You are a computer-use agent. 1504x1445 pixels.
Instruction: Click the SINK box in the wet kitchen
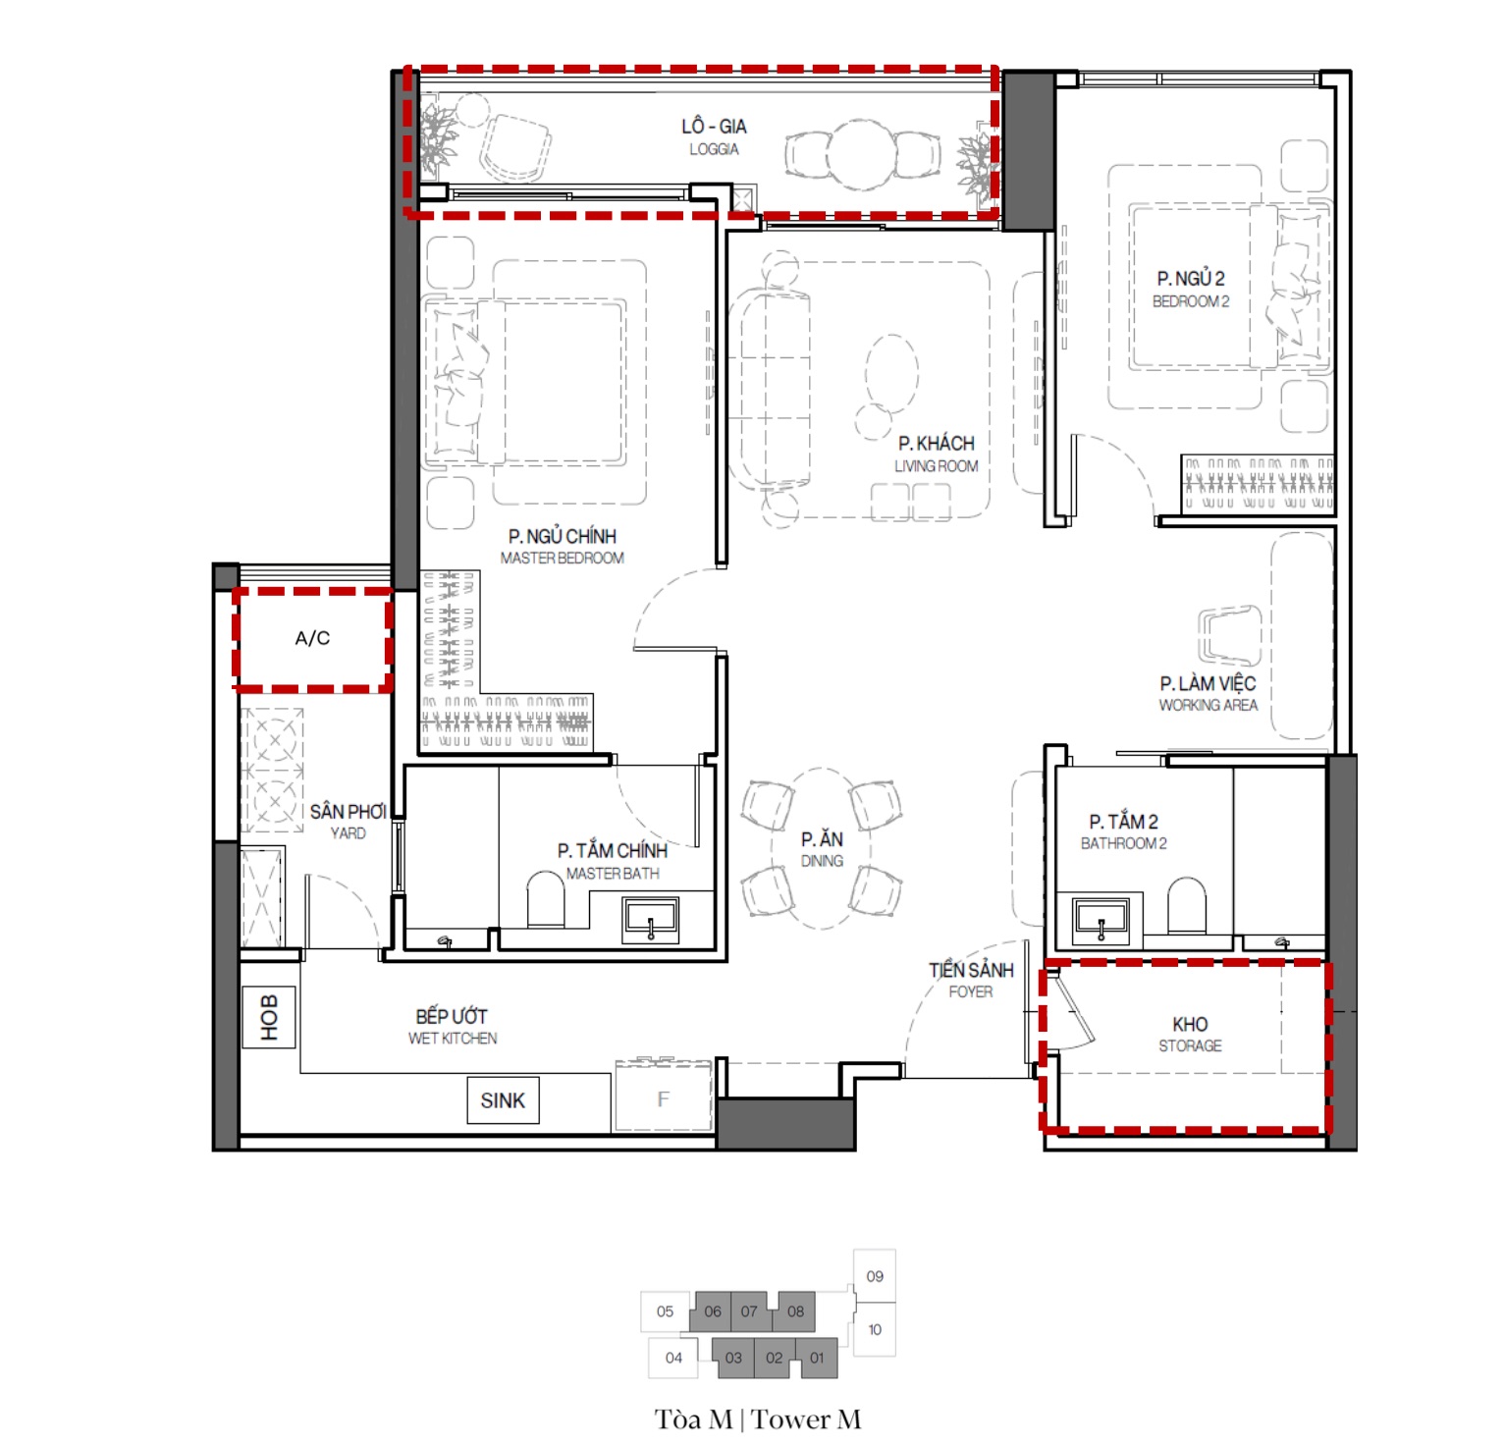pos(503,1100)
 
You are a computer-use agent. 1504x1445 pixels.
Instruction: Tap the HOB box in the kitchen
pos(269,1017)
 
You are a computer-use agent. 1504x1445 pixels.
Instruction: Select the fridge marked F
pos(663,1097)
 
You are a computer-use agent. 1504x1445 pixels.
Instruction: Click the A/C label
pos(312,638)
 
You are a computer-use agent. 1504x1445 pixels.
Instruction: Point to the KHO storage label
pos(1190,1034)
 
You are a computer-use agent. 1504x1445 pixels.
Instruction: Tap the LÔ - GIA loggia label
pos(714,136)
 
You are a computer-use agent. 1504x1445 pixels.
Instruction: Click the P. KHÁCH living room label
pos(936,454)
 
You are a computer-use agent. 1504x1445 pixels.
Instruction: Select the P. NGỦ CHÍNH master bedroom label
pos(563,547)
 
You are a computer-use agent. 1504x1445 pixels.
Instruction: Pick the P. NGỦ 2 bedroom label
pos(1191,289)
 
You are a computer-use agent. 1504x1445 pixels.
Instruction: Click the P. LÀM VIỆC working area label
pos(1208,693)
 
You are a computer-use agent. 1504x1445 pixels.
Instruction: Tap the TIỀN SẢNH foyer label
pos(971,980)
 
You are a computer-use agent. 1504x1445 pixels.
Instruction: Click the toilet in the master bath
pos(546,898)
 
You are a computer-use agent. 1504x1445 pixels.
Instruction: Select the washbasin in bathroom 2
pos(1101,919)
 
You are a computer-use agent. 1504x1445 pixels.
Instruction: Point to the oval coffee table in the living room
pos(891,373)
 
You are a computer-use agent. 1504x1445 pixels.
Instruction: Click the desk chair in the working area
pos(1229,636)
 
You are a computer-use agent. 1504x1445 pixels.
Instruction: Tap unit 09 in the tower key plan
pos(875,1276)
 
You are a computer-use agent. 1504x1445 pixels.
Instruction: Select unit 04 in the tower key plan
pos(673,1358)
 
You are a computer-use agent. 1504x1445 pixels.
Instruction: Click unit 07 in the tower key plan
pos(749,1311)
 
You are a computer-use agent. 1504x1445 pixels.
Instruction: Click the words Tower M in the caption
pos(807,1419)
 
